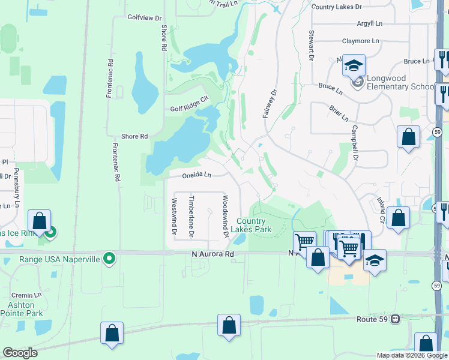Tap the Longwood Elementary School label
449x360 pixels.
(x=399, y=83)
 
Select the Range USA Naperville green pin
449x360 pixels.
(x=109, y=259)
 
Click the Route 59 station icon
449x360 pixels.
(x=395, y=319)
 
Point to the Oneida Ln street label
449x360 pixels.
(x=197, y=175)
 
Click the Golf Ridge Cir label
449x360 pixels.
(x=193, y=106)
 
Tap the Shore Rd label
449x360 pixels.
(x=134, y=137)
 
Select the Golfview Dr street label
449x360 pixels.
(x=144, y=17)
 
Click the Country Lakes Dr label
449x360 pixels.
(x=337, y=7)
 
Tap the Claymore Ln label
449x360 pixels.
(x=361, y=41)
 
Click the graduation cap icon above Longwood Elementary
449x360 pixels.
(x=354, y=64)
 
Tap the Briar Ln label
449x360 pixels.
(x=339, y=112)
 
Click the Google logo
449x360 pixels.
(x=20, y=353)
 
